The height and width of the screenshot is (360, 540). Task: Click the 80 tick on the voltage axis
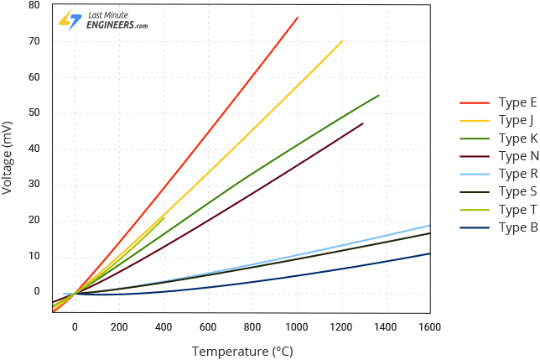[x=34, y=5]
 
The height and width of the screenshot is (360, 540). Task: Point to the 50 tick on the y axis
[x=34, y=112]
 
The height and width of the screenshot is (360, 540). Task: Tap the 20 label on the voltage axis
[x=34, y=220]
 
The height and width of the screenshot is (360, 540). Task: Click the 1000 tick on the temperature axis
[x=297, y=327]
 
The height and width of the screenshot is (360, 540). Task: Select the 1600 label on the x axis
[x=430, y=327]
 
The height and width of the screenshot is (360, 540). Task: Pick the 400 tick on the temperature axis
[x=164, y=327]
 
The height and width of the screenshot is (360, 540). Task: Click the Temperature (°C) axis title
[x=242, y=351]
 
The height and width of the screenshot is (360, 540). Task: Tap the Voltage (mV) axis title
[x=8, y=157]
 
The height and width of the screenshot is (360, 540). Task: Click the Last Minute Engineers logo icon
[x=70, y=21]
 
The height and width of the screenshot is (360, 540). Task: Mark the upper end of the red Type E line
[x=298, y=17]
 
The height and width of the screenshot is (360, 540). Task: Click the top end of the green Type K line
[x=379, y=95]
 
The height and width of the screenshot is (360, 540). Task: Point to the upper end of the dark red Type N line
[x=363, y=123]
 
